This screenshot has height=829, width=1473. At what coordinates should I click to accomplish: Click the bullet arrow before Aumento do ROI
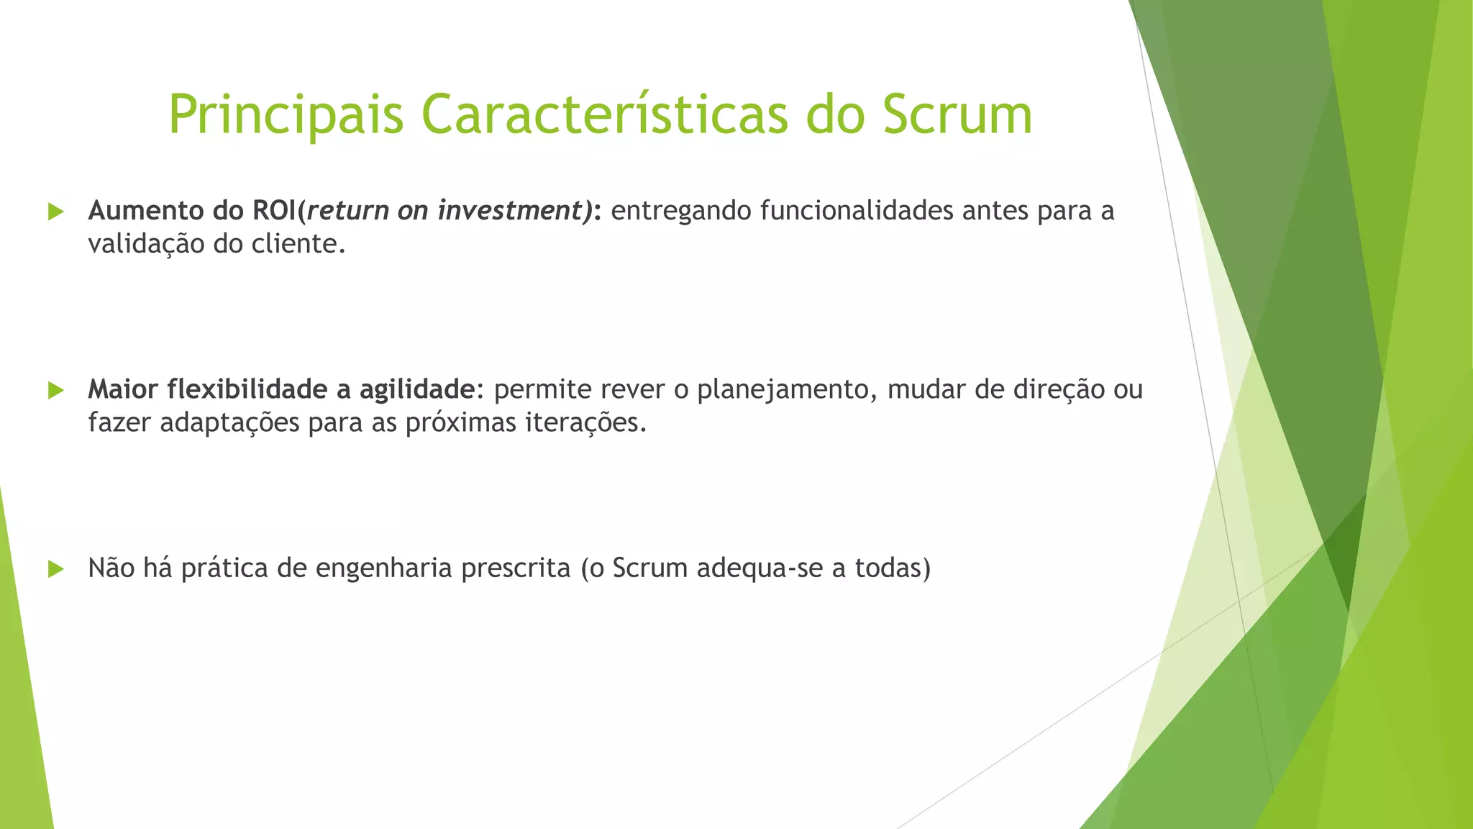(x=55, y=212)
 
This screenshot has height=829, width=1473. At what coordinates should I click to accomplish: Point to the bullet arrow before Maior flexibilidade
(x=55, y=391)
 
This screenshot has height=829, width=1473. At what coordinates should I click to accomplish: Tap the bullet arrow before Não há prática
(x=55, y=569)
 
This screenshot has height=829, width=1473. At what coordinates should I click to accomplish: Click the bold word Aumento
(x=146, y=211)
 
